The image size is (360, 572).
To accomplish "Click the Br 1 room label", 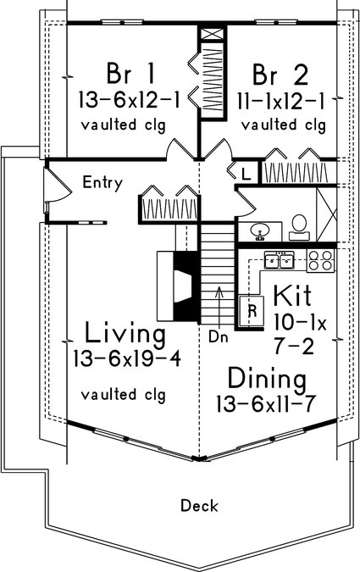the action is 131,74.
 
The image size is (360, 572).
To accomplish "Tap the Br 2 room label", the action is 280,75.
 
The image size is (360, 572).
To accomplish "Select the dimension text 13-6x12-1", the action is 130,100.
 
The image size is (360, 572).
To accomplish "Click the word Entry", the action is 102,182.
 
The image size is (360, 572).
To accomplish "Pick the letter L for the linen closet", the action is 246,175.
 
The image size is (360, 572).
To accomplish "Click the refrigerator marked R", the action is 252,311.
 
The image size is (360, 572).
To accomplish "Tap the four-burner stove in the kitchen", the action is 320,260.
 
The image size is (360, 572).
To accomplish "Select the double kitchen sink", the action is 280,260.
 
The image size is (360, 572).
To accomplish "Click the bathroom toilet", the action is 300,227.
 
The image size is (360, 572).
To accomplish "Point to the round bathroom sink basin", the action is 260,230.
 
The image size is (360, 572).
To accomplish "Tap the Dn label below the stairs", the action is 218,337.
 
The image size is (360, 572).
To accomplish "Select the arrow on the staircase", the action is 219,306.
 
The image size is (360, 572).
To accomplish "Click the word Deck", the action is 200,506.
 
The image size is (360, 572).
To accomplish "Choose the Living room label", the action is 125,334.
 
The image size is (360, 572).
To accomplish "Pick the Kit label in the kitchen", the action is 293,295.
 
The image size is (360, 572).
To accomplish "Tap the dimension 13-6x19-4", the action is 127,358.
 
